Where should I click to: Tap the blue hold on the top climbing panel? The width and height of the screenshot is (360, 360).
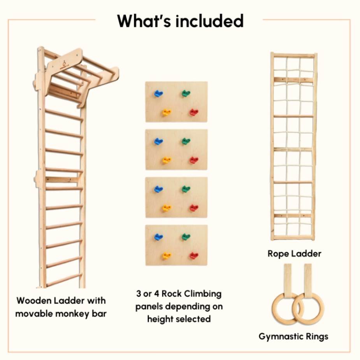tap(158, 93)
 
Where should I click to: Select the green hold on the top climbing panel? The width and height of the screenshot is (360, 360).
tap(186, 93)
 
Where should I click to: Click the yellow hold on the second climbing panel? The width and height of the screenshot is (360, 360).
tap(167, 160)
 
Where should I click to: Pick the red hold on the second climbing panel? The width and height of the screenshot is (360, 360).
tap(194, 160)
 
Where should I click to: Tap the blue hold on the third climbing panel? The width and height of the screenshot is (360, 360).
tap(158, 189)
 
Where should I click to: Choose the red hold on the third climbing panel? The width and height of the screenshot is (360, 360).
tap(194, 208)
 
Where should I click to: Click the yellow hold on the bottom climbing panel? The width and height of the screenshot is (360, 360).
tap(167, 256)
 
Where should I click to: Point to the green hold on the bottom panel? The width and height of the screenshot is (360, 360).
tap(186, 237)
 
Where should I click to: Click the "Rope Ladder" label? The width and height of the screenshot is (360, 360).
tap(294, 254)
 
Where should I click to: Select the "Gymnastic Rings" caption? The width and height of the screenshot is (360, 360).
tap(293, 336)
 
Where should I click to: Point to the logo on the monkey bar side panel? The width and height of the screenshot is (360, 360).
tap(64, 63)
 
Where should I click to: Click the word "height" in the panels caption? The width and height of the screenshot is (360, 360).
tap(162, 319)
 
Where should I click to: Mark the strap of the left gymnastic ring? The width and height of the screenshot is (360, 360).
tap(287, 278)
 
